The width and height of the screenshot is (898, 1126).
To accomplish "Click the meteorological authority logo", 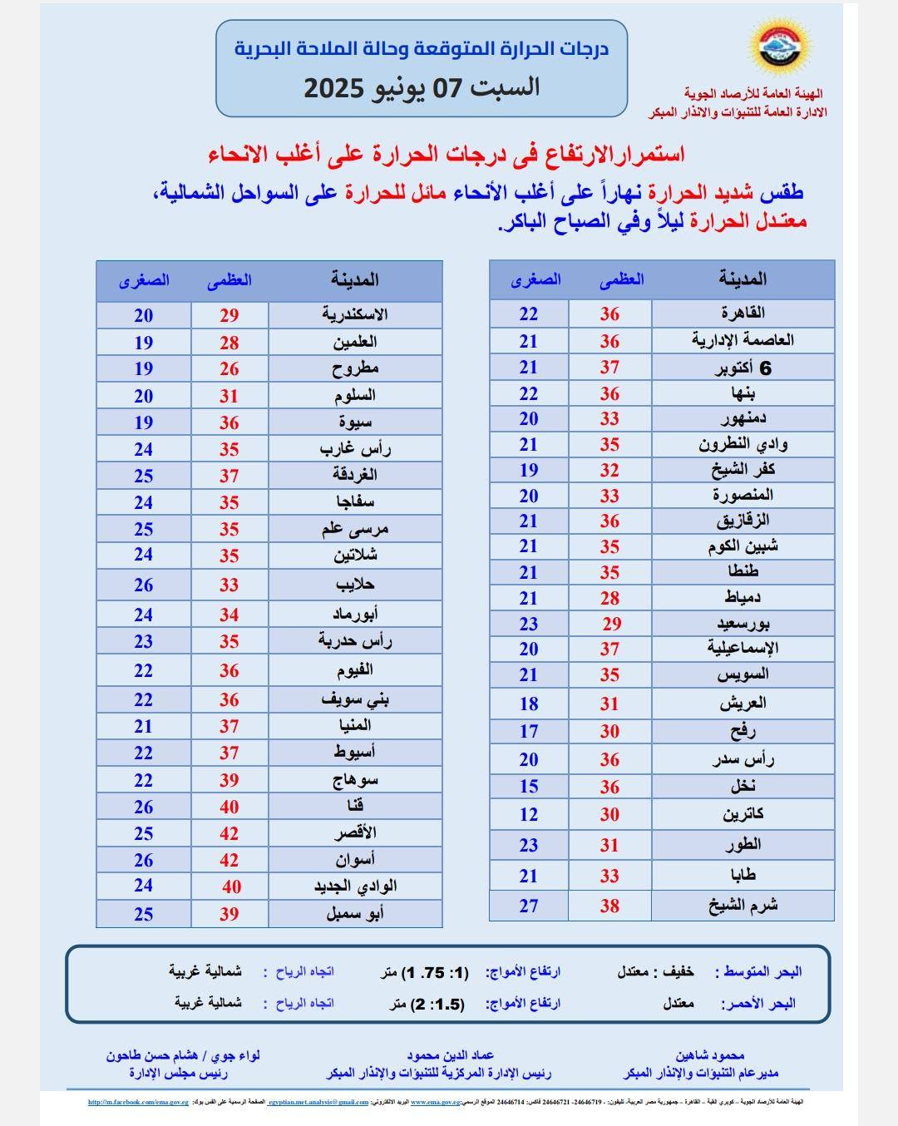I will coord(780,48).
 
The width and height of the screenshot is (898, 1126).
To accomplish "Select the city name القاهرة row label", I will coord(743,313).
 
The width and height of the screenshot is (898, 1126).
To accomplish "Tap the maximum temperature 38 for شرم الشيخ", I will coord(609,906).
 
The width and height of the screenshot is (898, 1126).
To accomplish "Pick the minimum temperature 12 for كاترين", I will coord(529,815).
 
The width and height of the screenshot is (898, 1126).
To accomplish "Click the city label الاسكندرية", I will coord(355,314).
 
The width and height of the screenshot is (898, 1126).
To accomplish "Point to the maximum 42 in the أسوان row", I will coord(229,860).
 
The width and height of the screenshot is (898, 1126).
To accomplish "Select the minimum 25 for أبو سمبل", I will coord(144,914).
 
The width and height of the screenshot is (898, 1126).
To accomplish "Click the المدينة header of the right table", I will coord(743,279).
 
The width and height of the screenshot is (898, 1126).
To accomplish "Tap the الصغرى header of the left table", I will coord(144,280).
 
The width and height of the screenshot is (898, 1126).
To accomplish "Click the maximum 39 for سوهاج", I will coord(229,780).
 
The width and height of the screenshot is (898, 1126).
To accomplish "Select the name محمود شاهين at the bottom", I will coord(709,1054).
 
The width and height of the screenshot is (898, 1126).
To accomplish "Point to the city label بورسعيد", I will coord(743,623).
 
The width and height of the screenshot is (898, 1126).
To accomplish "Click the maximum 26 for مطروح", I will coord(229,368).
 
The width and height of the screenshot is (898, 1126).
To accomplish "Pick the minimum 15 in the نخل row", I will coord(529,787).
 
